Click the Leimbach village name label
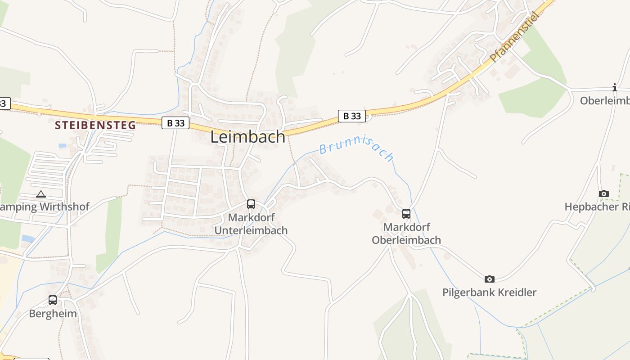(x=248, y=137)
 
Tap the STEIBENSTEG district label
(x=95, y=125)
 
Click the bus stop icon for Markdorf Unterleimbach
(x=251, y=204)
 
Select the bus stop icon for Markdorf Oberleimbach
(x=406, y=214)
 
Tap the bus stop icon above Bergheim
(x=53, y=300)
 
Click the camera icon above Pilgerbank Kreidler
(x=490, y=279)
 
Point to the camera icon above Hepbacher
(x=604, y=194)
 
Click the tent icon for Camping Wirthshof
(x=41, y=194)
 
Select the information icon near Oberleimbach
(x=615, y=87)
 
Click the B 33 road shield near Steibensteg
(x=175, y=123)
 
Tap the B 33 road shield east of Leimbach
(x=352, y=116)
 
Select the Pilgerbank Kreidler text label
(x=490, y=292)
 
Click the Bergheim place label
(x=53, y=314)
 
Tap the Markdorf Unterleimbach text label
(x=251, y=224)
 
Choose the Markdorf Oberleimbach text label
(x=406, y=234)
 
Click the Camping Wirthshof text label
(x=45, y=207)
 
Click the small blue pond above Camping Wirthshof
(x=63, y=146)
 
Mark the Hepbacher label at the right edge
(x=597, y=207)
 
